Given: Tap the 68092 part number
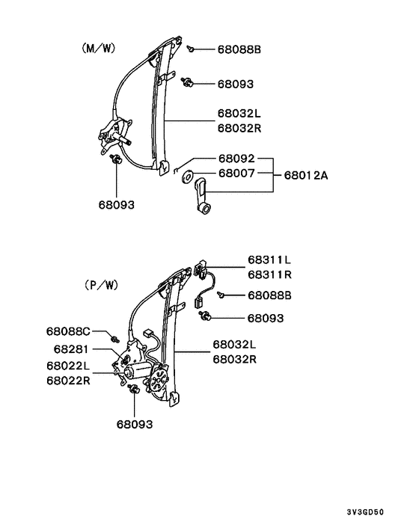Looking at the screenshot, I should [x=236, y=159].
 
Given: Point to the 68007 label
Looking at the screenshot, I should [x=236, y=174].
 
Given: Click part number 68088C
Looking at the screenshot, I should [x=67, y=331].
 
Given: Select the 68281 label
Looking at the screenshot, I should [x=71, y=349].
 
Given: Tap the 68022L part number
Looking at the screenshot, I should [x=67, y=366].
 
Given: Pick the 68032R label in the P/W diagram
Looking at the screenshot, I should [x=234, y=359].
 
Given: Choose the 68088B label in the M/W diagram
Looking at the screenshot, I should [x=239, y=50].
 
